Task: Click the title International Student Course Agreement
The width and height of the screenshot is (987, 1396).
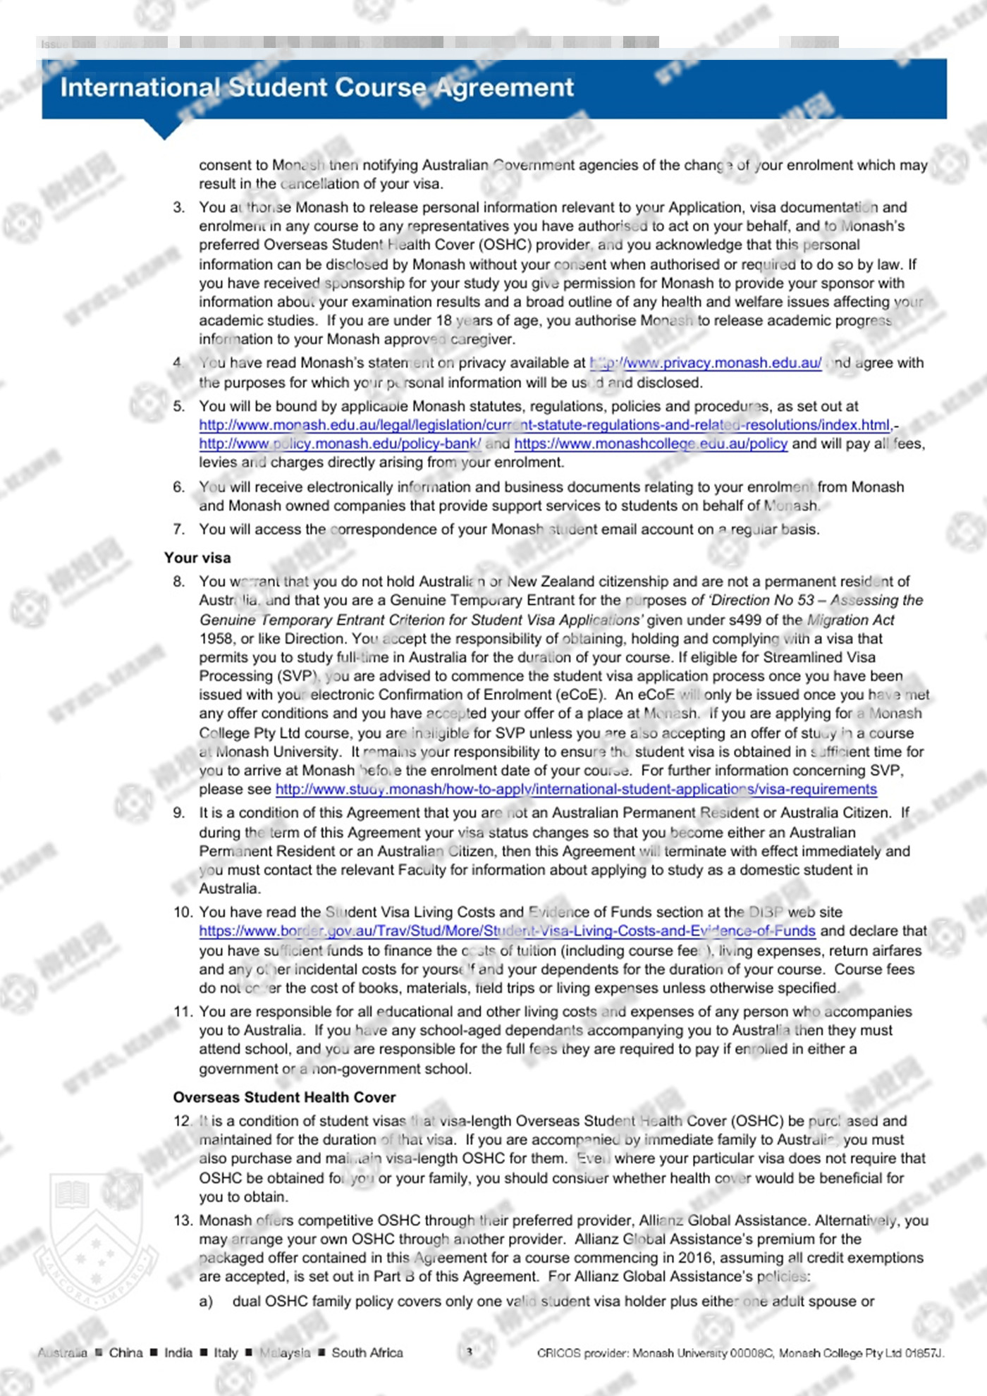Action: point(317,87)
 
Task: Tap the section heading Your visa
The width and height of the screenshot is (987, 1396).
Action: point(197,558)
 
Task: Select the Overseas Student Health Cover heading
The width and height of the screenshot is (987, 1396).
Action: point(284,1097)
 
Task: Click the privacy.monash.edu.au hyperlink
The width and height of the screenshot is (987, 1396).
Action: point(705,363)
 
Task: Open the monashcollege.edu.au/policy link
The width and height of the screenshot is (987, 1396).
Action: point(650,443)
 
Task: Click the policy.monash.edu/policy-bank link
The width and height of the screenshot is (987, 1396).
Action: point(339,443)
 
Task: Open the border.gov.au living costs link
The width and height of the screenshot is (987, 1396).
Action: point(506,931)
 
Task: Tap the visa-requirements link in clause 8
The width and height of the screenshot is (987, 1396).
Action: point(575,789)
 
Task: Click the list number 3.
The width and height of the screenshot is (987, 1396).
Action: point(179,207)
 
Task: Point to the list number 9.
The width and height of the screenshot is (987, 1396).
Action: point(179,813)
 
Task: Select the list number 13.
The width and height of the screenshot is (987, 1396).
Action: point(183,1220)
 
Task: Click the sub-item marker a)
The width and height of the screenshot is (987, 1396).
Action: point(206,1302)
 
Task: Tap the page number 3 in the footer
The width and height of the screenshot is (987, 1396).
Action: point(469,1352)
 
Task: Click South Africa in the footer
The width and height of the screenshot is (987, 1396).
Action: point(367,1352)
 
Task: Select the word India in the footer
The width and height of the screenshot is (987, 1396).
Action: point(178,1352)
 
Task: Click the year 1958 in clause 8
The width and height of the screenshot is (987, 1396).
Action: point(216,639)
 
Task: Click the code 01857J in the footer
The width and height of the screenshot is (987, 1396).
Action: point(924,1353)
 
